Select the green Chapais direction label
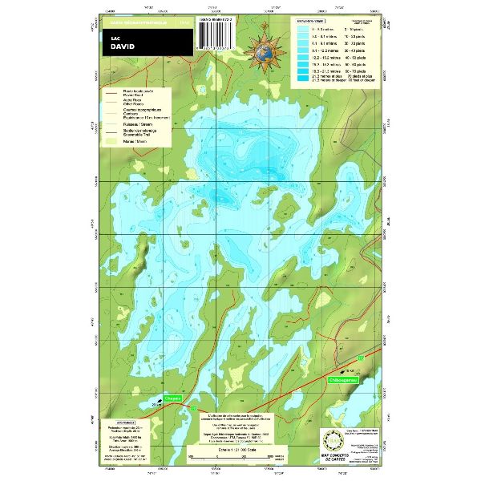(x=174, y=398)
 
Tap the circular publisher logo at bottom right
(x=332, y=441)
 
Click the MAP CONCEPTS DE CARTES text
(x=332, y=459)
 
